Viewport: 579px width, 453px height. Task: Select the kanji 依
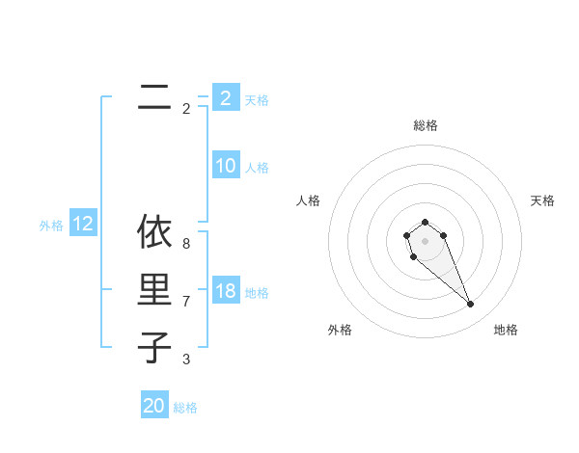154,233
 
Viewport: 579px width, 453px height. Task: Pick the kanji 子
154,347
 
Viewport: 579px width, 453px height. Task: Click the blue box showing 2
225,98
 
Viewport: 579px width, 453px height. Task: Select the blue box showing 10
225,166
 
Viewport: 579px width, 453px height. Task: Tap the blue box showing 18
225,292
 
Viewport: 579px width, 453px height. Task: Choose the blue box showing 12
82,225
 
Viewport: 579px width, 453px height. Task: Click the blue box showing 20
154,406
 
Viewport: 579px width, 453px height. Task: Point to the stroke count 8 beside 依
186,245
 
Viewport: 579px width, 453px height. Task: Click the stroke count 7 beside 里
186,302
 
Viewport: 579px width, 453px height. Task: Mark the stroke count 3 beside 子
186,360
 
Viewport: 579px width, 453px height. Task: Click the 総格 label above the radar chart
425,125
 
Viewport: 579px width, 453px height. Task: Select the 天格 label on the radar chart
542,200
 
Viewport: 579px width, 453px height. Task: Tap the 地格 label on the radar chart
506,330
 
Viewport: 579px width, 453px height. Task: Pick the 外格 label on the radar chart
340,330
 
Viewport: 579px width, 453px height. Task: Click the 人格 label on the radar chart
309,200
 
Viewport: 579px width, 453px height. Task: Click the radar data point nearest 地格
470,305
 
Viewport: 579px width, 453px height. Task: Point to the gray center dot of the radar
425,241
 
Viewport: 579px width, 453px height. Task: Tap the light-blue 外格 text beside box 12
51,226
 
